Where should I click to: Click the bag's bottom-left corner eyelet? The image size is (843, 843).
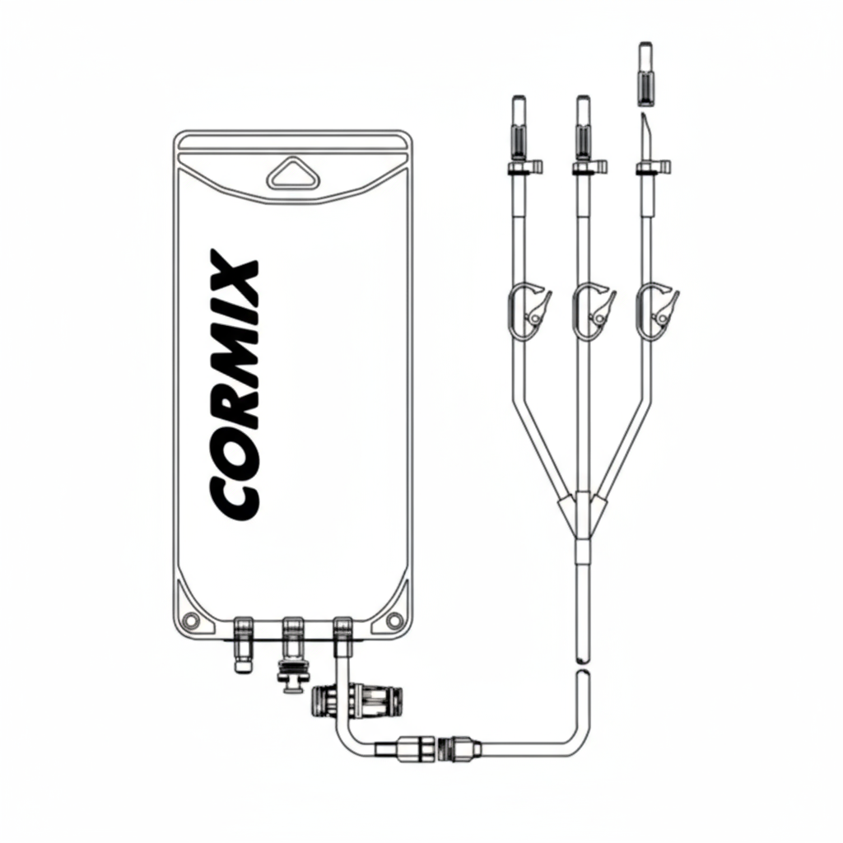click(x=192, y=619)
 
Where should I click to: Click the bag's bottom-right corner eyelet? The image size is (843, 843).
click(x=394, y=619)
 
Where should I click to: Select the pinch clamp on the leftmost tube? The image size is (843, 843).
click(x=528, y=310)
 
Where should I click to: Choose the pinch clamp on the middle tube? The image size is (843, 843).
click(x=593, y=310)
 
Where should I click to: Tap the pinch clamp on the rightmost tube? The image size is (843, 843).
click(x=658, y=310)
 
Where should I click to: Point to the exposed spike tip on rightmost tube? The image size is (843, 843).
click(x=645, y=132)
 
